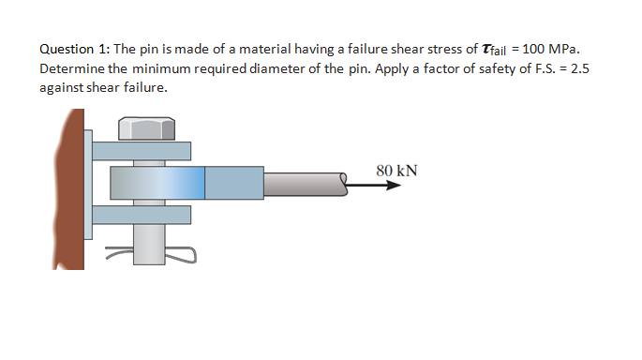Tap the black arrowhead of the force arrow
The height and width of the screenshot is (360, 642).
(x=395, y=185)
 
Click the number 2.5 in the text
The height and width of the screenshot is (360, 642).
(x=579, y=68)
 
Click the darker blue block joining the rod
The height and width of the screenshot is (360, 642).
(x=233, y=183)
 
